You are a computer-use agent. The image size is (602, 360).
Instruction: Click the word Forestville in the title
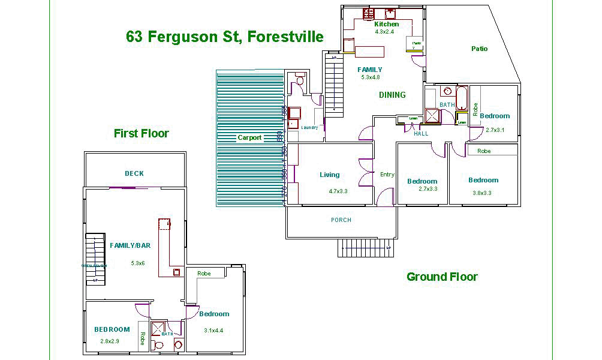tap(283, 37)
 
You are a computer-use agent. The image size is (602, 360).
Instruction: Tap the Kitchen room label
tap(386, 24)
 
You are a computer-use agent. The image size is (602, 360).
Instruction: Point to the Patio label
tap(479, 49)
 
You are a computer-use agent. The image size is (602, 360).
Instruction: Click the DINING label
tap(392, 95)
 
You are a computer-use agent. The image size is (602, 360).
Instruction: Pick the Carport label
tap(249, 137)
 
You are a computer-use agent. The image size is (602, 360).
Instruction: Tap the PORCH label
tap(341, 220)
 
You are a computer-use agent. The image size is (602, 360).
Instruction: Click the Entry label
tap(387, 175)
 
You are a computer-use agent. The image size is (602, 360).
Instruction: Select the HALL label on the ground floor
tap(421, 134)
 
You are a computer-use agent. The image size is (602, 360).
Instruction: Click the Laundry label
tap(309, 127)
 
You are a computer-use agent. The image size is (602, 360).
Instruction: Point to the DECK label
tap(134, 173)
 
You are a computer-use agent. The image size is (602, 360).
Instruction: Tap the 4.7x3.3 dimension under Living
tap(338, 191)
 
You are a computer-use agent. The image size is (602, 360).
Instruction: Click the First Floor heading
tap(141, 133)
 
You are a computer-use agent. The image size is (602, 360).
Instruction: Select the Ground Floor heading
tap(442, 277)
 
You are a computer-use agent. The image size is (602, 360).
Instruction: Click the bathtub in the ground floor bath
tap(462, 98)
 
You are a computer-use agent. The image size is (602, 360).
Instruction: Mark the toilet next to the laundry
tap(300, 80)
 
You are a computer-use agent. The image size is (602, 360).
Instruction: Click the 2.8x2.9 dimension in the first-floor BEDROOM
tap(111, 341)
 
